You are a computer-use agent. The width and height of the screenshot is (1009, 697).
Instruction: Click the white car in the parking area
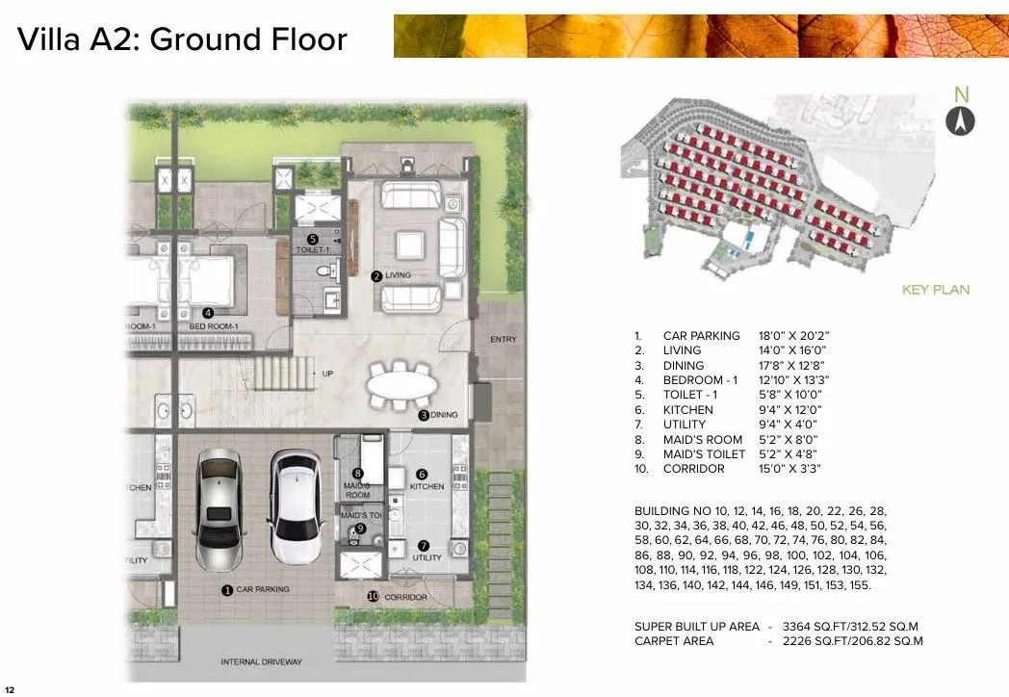(294, 506)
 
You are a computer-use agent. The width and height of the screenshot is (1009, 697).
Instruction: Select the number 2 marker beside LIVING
(376, 276)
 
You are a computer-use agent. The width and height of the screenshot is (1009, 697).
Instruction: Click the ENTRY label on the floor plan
(503, 339)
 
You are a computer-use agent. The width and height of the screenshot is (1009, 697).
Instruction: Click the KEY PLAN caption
(935, 289)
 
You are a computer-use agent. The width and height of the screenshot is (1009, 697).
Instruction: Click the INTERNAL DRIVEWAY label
(261, 661)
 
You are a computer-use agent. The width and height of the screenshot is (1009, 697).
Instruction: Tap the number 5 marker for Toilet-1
(312, 239)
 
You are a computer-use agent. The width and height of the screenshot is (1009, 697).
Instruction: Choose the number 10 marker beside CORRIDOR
(373, 596)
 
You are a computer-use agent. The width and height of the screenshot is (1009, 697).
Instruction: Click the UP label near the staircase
(327, 374)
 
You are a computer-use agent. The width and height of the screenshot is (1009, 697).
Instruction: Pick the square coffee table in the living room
(412, 245)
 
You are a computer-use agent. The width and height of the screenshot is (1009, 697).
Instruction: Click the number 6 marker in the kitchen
(421, 475)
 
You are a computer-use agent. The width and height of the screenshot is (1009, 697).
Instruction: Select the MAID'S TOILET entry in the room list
(704, 454)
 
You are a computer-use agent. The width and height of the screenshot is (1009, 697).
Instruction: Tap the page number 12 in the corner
(10, 689)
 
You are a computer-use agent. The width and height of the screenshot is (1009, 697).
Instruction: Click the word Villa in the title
(49, 40)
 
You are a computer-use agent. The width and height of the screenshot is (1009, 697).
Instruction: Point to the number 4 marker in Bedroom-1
(208, 312)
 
